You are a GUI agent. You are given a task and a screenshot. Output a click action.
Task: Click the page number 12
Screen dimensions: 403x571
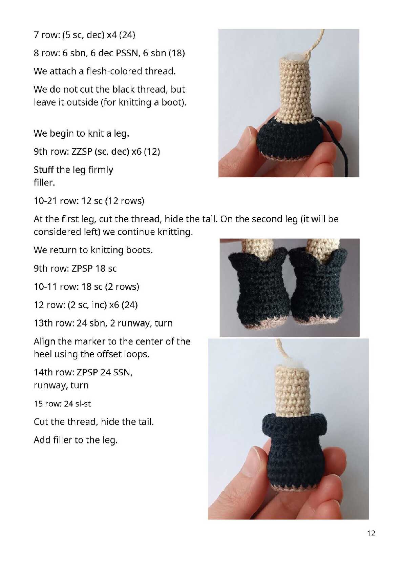371,533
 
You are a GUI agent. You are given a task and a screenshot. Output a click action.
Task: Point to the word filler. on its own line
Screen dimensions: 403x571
44,182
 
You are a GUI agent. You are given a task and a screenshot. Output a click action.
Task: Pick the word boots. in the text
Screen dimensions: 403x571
140,250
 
